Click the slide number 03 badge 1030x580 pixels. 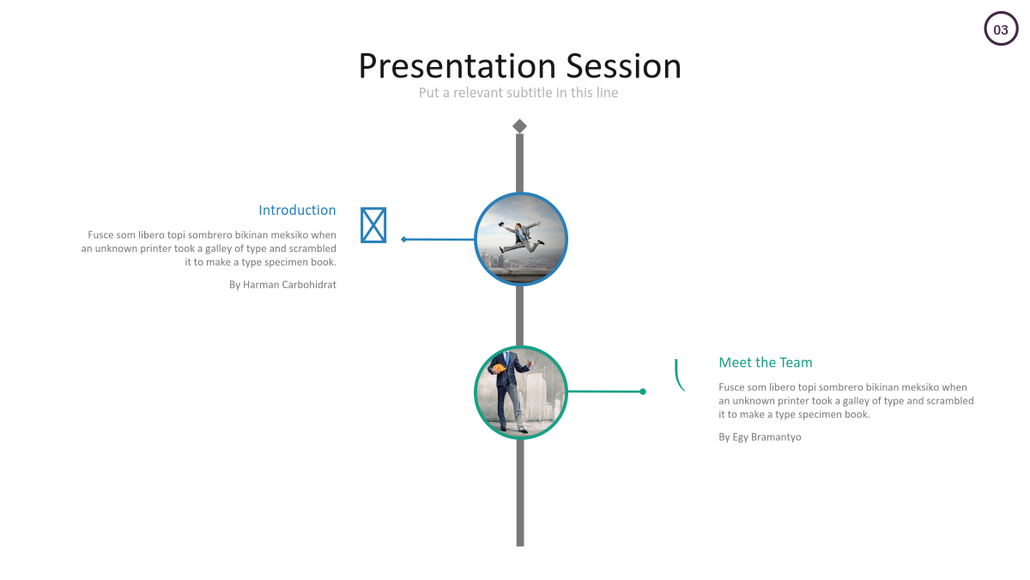(x=1001, y=28)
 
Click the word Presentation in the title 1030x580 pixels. (x=457, y=66)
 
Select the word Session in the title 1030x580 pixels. (x=623, y=66)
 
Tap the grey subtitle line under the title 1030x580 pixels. (x=518, y=93)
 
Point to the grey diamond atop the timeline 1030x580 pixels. (x=519, y=126)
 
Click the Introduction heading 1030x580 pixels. (x=297, y=210)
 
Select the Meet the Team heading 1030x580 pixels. (x=765, y=363)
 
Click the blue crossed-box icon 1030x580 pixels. (x=373, y=225)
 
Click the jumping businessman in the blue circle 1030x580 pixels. (x=523, y=238)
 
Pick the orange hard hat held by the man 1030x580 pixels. (x=499, y=369)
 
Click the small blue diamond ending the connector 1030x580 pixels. (x=403, y=240)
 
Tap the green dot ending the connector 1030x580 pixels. (x=643, y=392)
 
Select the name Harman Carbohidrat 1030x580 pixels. (x=289, y=284)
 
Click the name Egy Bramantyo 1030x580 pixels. (x=766, y=437)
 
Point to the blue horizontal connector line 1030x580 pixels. (x=439, y=240)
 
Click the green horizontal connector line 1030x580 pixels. (x=605, y=392)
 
